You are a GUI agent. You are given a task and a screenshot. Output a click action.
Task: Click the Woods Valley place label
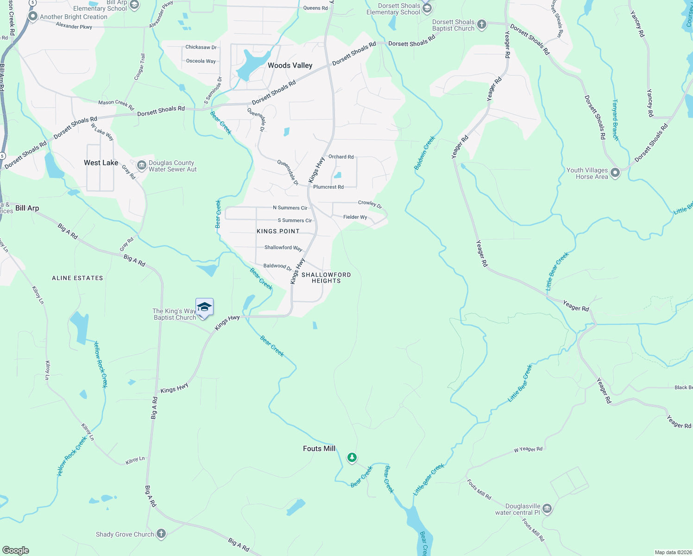pos(290,65)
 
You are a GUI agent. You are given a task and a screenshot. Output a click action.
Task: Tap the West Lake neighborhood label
pos(101,163)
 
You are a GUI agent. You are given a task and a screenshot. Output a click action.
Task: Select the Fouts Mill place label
pos(319,449)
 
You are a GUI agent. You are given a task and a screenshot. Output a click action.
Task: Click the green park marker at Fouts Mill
pos(352,458)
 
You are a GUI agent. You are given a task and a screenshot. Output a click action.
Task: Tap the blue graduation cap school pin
pos(204,307)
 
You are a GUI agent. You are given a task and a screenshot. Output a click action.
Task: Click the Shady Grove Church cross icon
pos(161,534)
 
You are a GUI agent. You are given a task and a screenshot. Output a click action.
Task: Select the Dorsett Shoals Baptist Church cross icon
pos(482,25)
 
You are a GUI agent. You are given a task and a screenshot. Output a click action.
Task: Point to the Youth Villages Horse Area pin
pos(615,173)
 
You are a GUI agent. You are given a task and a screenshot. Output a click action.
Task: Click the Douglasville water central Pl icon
pos(547,509)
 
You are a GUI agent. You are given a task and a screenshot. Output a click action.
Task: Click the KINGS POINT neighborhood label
pos(278,231)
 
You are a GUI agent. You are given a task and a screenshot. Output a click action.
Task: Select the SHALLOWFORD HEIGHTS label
pos(326,278)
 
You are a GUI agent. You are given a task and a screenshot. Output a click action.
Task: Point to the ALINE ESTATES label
pos(77,278)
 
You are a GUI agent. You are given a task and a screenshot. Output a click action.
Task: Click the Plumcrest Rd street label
pos(328,187)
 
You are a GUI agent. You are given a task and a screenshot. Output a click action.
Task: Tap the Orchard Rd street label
pos(341,157)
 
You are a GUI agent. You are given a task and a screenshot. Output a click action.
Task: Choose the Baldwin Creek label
pos(425,153)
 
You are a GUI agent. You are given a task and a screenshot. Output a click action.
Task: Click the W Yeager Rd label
pos(528,449)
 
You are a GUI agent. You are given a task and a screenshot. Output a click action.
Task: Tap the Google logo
pos(16,550)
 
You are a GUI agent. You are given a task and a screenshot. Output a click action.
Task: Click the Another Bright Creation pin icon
pos(32,16)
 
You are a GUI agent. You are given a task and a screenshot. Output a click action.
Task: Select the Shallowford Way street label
pos(283,248)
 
